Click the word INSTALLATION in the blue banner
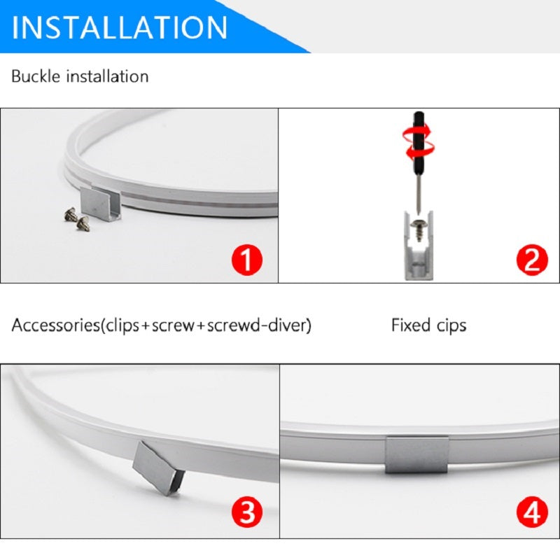119,27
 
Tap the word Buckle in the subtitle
36,76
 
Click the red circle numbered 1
247,260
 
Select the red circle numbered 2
532,260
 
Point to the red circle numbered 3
247,512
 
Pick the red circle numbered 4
532,512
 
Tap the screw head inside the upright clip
418,224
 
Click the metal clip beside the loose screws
100,204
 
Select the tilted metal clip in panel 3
158,468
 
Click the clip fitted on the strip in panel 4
416,454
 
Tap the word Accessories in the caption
55,325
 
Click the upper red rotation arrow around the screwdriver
417,133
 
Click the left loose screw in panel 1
71,214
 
